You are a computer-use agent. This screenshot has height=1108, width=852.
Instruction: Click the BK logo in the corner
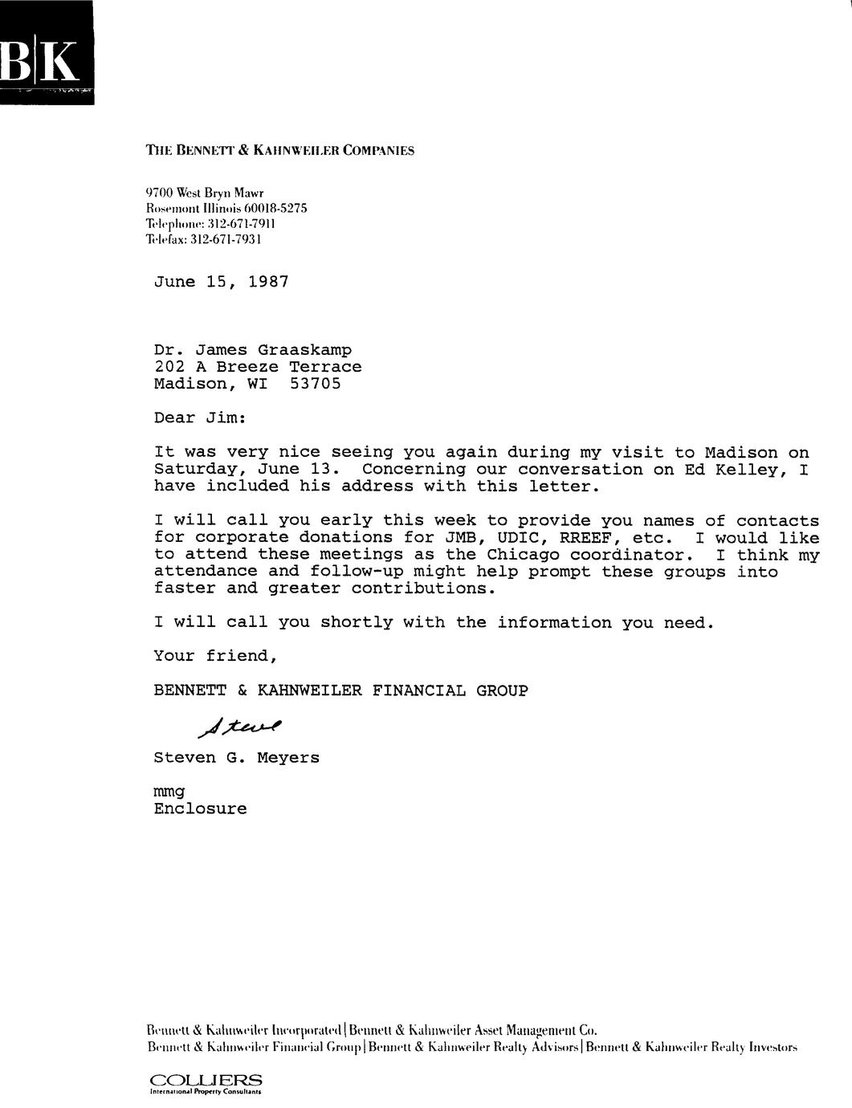pos(46,55)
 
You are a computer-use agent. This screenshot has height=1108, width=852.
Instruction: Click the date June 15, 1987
pos(221,282)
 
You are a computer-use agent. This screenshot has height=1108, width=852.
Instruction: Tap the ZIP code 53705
pos(315,384)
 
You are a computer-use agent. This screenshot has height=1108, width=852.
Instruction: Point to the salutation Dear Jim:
pos(201,418)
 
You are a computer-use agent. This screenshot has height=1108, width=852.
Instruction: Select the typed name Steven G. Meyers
pos(236,757)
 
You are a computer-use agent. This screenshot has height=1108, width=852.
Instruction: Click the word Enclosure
pos(200,809)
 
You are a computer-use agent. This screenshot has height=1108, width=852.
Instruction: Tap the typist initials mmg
pos(169,792)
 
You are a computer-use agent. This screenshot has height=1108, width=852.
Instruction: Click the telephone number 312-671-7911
pos(241,223)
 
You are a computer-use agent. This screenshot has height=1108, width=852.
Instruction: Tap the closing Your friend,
pos(215,656)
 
